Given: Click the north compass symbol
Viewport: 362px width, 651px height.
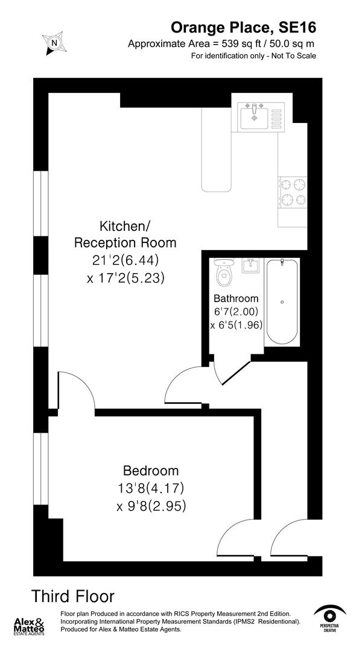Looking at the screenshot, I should (54, 43).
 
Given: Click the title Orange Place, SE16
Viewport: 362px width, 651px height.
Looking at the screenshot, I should (243, 27).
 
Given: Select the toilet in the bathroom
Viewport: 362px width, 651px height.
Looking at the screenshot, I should (224, 274).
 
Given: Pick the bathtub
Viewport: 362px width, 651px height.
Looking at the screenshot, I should (282, 301).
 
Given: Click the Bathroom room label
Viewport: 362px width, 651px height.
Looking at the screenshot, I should (236, 298).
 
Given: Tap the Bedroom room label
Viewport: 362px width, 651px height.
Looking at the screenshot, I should (151, 471).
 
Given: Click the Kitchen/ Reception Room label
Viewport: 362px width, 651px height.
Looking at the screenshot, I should (125, 234).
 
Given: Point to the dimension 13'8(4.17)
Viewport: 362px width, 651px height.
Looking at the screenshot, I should (151, 488).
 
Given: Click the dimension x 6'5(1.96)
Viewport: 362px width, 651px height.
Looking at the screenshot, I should (236, 325).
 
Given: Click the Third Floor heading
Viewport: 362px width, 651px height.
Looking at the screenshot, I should (73, 597).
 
